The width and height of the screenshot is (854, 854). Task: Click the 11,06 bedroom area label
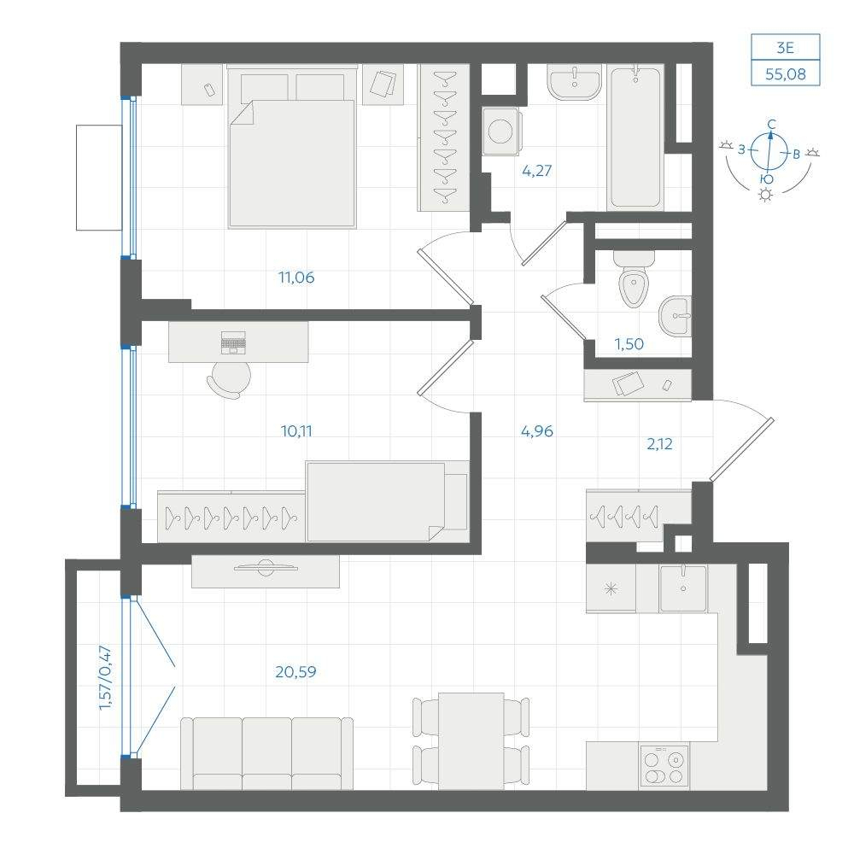(296, 278)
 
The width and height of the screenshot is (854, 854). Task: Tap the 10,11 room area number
(296, 431)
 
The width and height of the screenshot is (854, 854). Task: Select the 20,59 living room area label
(295, 672)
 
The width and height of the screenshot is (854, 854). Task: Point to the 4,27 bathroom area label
(536, 171)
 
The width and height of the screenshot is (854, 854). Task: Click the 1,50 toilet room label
(629, 344)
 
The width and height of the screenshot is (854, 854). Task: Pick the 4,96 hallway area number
(537, 431)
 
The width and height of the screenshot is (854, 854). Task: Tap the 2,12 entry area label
(659, 444)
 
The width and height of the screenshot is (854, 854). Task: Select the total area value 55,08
(785, 74)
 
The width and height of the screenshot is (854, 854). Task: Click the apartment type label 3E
(785, 48)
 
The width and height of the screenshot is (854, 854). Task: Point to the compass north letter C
(771, 125)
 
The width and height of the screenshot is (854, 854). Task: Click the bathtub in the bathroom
(635, 137)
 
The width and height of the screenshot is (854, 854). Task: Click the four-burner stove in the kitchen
(664, 766)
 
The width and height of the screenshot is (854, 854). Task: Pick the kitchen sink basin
(683, 588)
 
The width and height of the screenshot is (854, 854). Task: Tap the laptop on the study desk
(233, 342)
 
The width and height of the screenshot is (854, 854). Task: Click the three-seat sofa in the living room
(266, 753)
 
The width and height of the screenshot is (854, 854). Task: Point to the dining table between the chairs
(471, 740)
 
